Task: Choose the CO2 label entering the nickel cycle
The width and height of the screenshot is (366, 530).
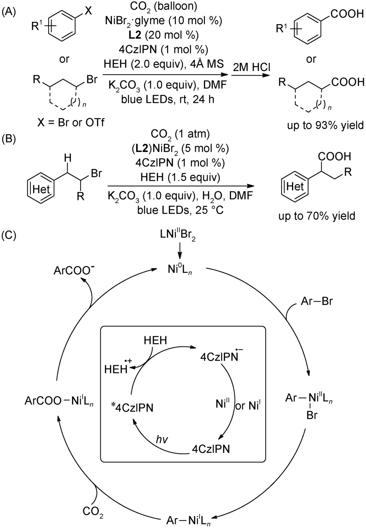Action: pyautogui.click(x=93, y=511)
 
